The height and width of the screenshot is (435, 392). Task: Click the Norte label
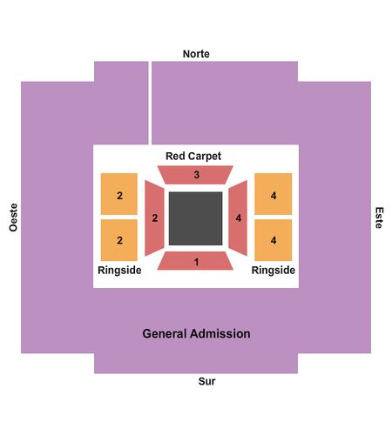pos(196,54)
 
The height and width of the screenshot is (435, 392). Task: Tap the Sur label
pos(206,381)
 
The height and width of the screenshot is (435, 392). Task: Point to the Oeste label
pos(13,217)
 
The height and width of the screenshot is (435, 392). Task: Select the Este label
pos(379,217)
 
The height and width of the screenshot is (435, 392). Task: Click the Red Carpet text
pos(193,157)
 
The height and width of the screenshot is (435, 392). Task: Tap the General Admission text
pos(196,334)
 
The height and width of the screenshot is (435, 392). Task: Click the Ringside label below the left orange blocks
pos(119,271)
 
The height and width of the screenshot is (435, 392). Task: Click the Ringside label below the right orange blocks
pos(274,271)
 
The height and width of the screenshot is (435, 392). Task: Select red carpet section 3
pos(195,175)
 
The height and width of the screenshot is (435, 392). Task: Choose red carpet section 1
pos(195,261)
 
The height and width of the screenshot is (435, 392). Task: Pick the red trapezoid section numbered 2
pos(154,218)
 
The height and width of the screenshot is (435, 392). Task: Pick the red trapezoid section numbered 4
pos(238,218)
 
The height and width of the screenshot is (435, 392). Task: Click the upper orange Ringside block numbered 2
pos(119,194)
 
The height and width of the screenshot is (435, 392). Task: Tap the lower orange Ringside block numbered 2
pos(119,240)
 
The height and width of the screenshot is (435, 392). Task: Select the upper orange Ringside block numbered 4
pos(274,194)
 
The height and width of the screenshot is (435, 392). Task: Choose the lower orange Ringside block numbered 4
pos(274,240)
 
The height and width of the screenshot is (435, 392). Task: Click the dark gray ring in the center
pos(196,218)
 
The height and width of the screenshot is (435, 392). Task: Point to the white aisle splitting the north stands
pos(150,103)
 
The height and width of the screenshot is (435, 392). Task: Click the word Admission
pos(221,334)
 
